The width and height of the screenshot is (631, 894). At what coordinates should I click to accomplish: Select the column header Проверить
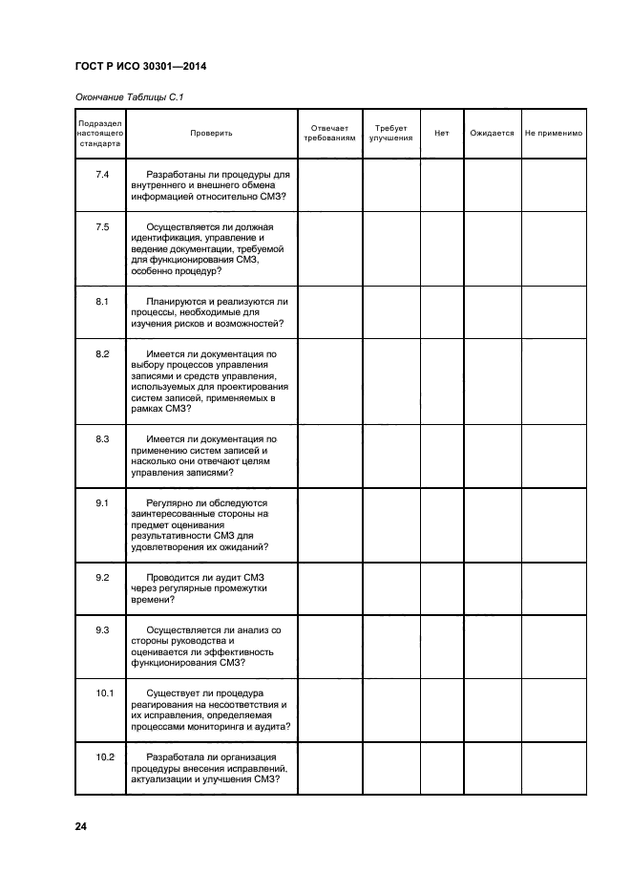(x=211, y=133)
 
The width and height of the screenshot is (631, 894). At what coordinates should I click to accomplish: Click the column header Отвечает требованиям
(x=329, y=133)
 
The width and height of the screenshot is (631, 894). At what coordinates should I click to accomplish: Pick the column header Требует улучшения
(x=390, y=133)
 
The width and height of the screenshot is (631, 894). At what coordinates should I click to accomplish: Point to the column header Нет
(x=441, y=133)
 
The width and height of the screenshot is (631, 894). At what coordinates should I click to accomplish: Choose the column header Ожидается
(x=492, y=133)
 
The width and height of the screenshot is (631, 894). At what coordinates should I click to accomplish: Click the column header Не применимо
(x=554, y=133)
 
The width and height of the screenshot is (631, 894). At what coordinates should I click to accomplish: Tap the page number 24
(x=81, y=825)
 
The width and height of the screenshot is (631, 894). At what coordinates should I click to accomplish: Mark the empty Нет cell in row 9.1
(x=441, y=525)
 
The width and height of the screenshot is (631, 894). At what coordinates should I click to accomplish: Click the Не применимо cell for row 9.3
(x=554, y=646)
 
